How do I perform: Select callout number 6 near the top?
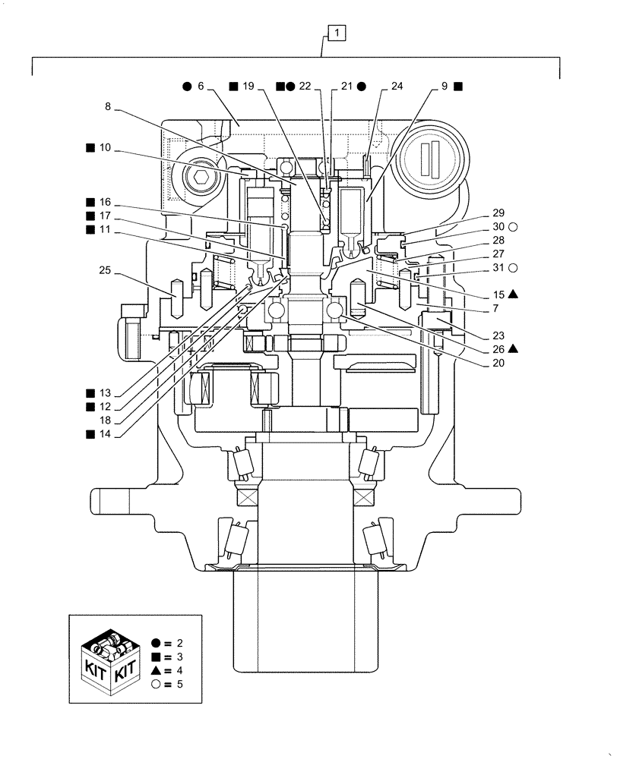point(201,87)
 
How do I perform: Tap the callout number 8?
point(109,108)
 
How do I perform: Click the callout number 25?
point(105,269)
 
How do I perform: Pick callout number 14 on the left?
point(105,434)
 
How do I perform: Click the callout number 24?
point(397,87)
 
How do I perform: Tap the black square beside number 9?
point(458,87)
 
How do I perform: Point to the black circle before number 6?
point(186,87)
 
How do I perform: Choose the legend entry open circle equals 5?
point(166,685)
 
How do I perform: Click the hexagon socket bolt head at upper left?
point(202,179)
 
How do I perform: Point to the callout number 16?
point(105,203)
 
